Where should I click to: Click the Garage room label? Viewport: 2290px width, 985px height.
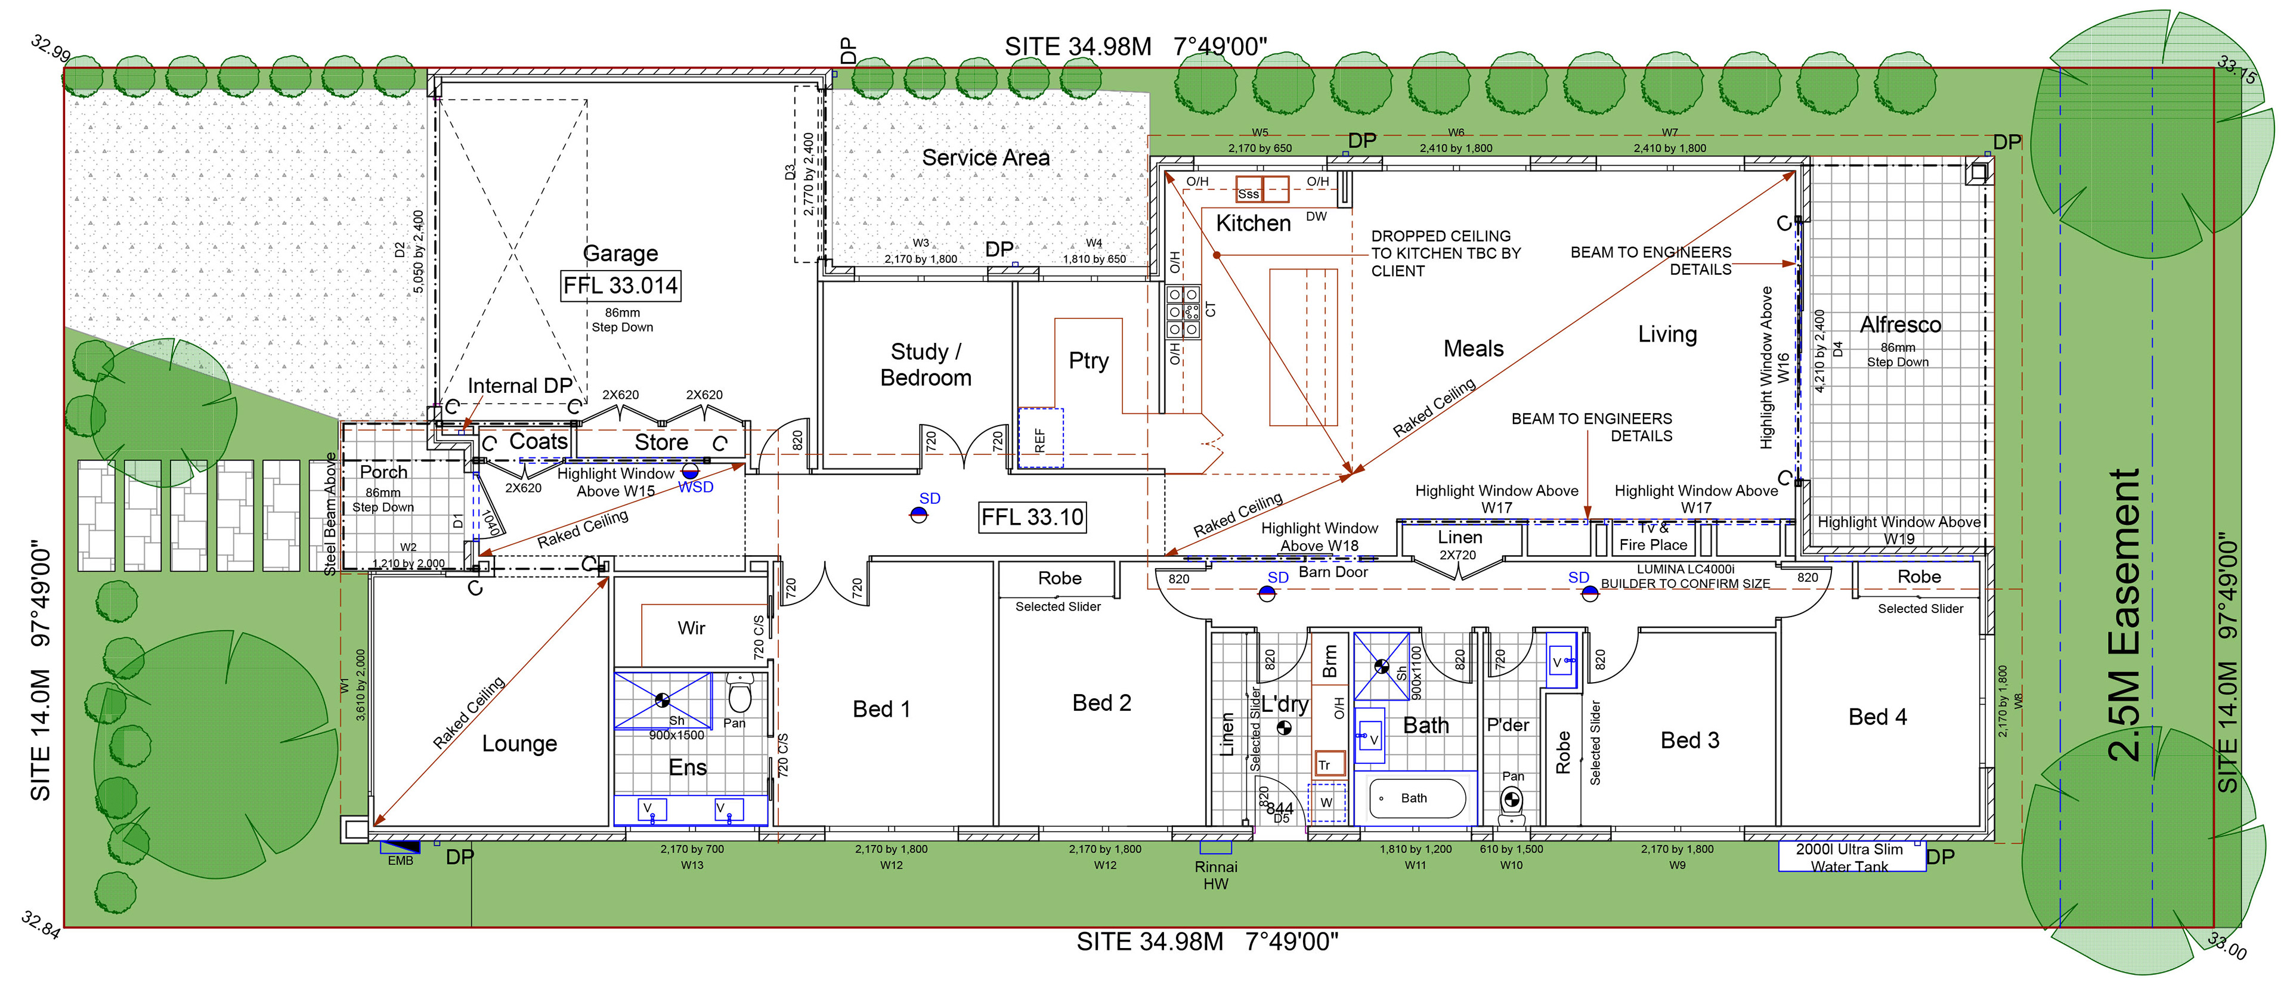pyautogui.click(x=620, y=253)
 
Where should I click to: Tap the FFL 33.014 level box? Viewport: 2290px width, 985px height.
pyautogui.click(x=620, y=286)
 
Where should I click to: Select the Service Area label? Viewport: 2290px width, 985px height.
pyautogui.click(x=985, y=157)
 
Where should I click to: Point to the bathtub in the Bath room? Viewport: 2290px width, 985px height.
pyautogui.click(x=1416, y=798)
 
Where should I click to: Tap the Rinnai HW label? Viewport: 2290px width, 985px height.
pyautogui.click(x=1215, y=875)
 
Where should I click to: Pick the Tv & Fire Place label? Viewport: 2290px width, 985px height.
pyautogui.click(x=1652, y=537)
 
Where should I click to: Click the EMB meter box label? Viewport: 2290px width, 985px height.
pyautogui.click(x=400, y=860)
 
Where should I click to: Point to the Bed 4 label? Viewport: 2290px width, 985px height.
pyautogui.click(x=1877, y=717)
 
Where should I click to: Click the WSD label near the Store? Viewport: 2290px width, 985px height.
pyautogui.click(x=695, y=487)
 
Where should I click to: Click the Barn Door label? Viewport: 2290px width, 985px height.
pyautogui.click(x=1333, y=572)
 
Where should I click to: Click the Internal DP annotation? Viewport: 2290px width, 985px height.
pyautogui.click(x=520, y=386)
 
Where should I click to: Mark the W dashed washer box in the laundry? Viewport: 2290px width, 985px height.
pyautogui.click(x=1326, y=802)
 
